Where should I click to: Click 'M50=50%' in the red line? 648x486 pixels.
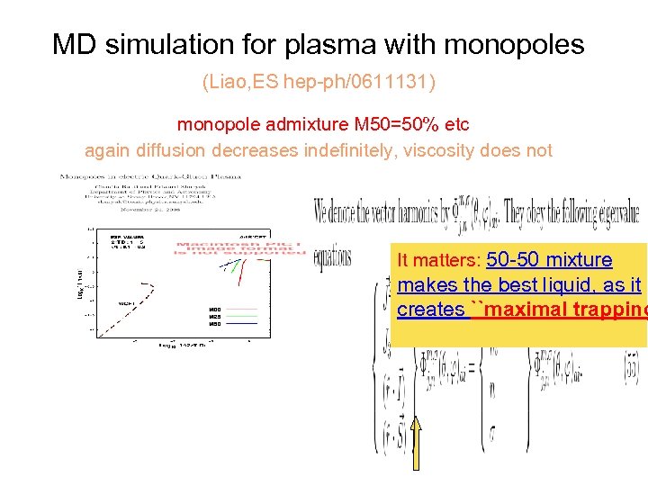pyautogui.click(x=391, y=123)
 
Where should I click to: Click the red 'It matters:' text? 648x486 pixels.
pyautogui.click(x=439, y=261)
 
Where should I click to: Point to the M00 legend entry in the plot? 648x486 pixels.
pyautogui.click(x=215, y=310)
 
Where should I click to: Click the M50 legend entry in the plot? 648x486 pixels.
pyautogui.click(x=215, y=324)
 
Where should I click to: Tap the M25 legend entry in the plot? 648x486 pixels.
pyautogui.click(x=215, y=317)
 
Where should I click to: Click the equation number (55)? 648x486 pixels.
pyautogui.click(x=629, y=368)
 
